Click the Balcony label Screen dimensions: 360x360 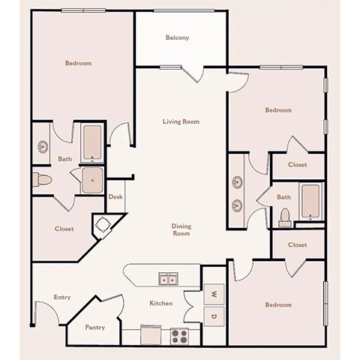click(x=177, y=37)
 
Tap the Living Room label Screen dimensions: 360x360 click(x=181, y=121)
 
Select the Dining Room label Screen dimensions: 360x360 click(x=181, y=229)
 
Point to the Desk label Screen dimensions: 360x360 click(x=115, y=197)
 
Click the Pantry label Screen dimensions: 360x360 click(x=94, y=327)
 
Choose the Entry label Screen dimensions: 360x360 click(x=62, y=298)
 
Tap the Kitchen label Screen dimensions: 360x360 click(x=161, y=303)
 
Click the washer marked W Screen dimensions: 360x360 click(x=213, y=293)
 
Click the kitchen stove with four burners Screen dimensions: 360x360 click(x=179, y=335)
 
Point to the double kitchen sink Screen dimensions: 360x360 click(x=169, y=280)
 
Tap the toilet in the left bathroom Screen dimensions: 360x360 click(x=42, y=179)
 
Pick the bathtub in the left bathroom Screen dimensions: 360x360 click(x=92, y=142)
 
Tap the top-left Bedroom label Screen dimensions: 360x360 click(x=78, y=64)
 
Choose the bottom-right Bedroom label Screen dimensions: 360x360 click(x=277, y=305)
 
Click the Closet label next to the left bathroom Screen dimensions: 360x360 click(x=64, y=229)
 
